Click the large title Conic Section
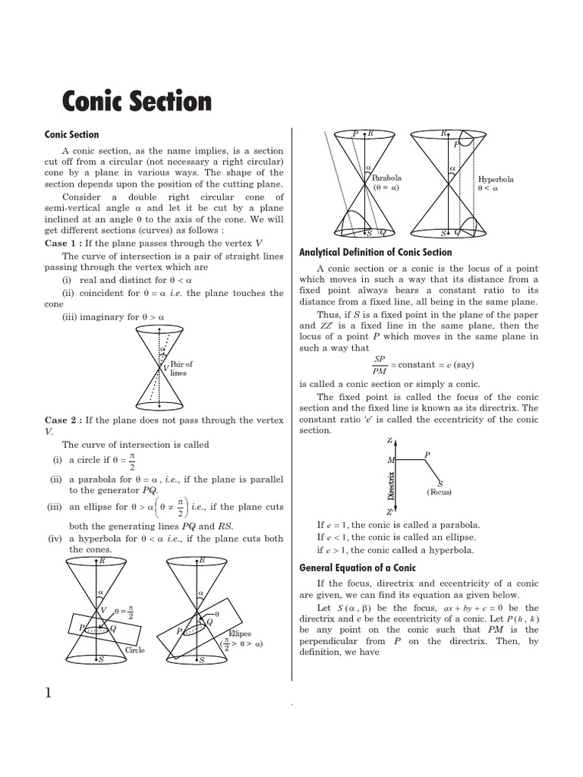click(136, 101)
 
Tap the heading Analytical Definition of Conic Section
click(375, 252)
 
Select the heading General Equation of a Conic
click(357, 568)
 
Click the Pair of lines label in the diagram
click(181, 369)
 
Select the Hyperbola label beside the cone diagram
click(496, 180)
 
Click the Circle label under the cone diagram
click(135, 650)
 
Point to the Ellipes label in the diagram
click(239, 634)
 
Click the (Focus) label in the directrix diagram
click(439, 492)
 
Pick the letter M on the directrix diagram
click(390, 460)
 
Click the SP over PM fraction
click(380, 365)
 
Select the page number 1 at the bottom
click(49, 692)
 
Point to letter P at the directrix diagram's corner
click(427, 455)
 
